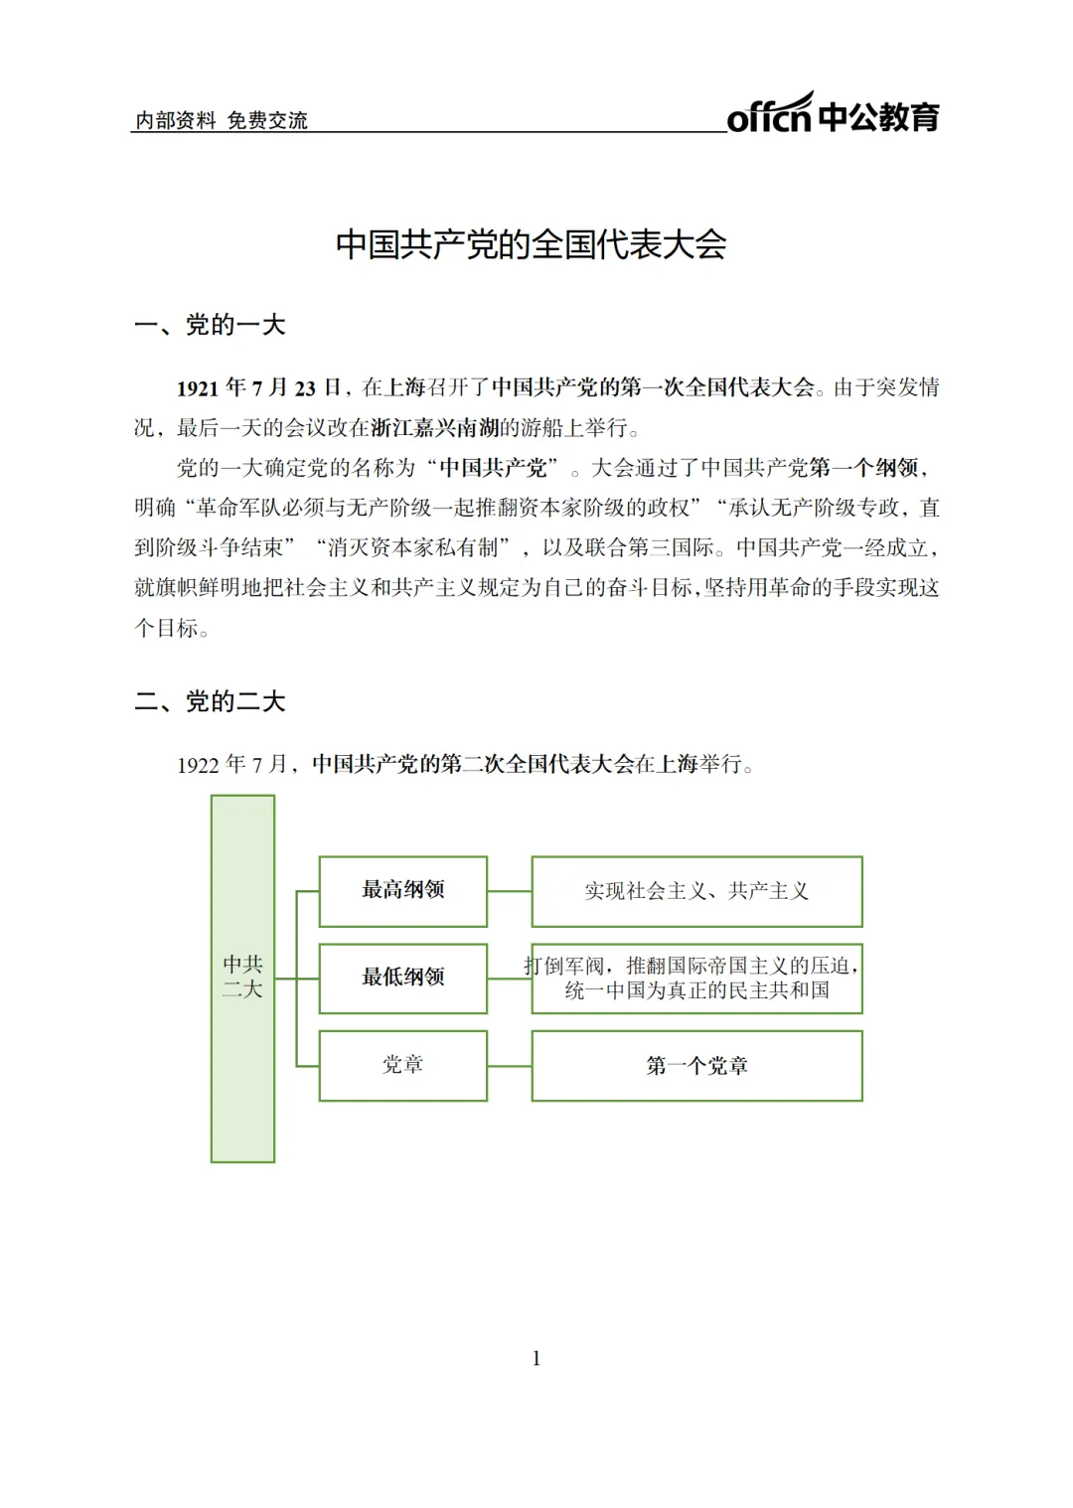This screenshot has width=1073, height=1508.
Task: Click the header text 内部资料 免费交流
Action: pyautogui.click(x=222, y=121)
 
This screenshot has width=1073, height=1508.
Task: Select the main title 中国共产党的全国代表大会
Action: pyautogui.click(x=532, y=244)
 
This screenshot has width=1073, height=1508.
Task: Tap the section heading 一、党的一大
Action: pyautogui.click(x=210, y=325)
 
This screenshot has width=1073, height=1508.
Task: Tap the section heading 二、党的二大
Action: pyautogui.click(x=210, y=701)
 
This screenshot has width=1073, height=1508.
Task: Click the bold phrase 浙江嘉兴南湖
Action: pyautogui.click(x=434, y=428)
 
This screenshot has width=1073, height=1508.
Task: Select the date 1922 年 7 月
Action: pyautogui.click(x=232, y=764)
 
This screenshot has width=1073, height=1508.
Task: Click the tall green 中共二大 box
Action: pyautogui.click(x=242, y=978)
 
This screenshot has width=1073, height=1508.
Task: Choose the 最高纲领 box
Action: pyautogui.click(x=402, y=890)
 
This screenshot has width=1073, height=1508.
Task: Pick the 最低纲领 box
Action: pyautogui.click(x=402, y=978)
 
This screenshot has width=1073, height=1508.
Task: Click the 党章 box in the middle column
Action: pyautogui.click(x=402, y=1065)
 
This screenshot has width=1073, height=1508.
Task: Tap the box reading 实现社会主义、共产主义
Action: pyautogui.click(x=696, y=891)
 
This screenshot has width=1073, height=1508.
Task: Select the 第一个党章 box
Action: pyautogui.click(x=696, y=1066)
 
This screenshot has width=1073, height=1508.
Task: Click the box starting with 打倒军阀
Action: pyautogui.click(x=696, y=979)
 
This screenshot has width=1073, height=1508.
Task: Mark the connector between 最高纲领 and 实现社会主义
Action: pyautogui.click(x=509, y=891)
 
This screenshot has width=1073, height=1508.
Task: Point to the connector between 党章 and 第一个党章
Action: pyautogui.click(x=509, y=1066)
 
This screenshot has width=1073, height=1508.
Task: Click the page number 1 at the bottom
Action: pyautogui.click(x=536, y=1358)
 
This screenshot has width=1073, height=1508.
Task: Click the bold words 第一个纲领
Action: pyautogui.click(x=862, y=468)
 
